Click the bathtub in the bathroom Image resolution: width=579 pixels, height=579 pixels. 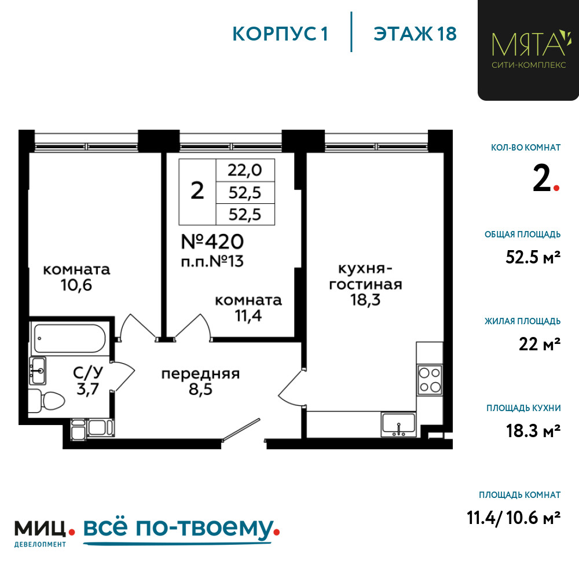point(70,338)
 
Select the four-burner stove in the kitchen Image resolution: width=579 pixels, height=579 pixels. point(430,380)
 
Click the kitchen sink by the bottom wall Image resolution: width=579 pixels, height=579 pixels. point(399,424)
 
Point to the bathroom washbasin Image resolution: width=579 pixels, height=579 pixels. point(38,371)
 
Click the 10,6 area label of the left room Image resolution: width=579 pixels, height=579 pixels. point(76,285)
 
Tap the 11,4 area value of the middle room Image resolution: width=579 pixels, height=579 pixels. point(248,316)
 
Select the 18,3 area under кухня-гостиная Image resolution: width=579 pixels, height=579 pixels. point(365,300)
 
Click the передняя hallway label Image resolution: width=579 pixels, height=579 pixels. point(200,374)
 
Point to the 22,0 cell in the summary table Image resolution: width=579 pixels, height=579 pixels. point(245,170)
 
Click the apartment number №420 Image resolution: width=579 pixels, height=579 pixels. point(212,242)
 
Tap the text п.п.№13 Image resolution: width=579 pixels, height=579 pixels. point(212,262)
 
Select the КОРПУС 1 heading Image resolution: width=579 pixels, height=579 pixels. point(280,34)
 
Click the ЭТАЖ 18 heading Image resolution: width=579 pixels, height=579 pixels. point(415,34)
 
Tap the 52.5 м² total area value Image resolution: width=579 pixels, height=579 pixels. point(533,256)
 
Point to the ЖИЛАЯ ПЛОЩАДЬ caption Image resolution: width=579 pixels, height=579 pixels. point(522,321)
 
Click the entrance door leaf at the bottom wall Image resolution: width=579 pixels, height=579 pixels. point(241,430)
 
